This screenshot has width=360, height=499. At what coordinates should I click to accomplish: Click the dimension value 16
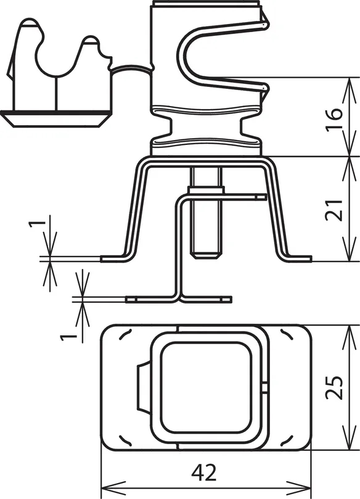point(334,118)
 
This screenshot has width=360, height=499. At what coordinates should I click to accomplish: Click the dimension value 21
point(334,210)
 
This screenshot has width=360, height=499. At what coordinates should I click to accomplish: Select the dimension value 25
point(334,387)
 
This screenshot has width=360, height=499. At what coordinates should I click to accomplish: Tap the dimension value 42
point(204,472)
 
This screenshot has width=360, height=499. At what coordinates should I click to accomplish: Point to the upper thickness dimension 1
point(38,226)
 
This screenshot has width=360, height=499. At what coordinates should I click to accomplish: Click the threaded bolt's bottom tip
point(206,255)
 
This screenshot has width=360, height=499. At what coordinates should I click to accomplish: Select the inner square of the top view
point(207,387)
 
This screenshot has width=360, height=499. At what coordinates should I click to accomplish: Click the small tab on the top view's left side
point(143,387)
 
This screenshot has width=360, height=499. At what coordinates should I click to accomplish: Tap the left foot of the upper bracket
point(113,258)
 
